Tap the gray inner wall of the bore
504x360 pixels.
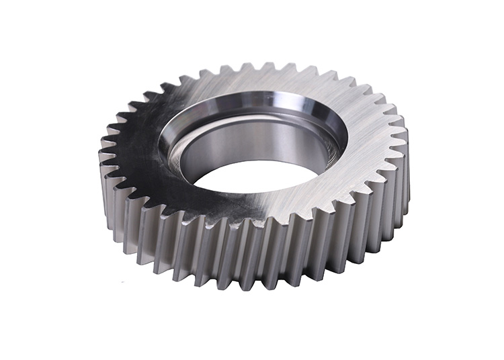click(x=222, y=144)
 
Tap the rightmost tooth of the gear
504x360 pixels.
click(x=406, y=134)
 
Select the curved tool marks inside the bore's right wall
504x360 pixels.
click(x=316, y=144)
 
